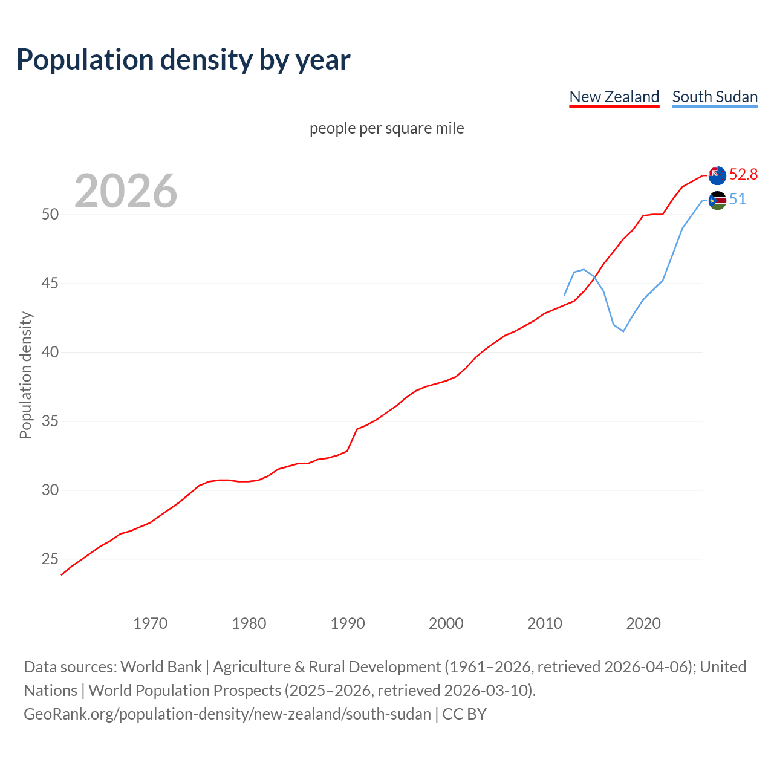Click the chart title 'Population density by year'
pyautogui.click(x=183, y=60)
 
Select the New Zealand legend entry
pyautogui.click(x=614, y=97)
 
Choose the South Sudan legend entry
pyautogui.click(x=715, y=97)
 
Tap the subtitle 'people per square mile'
pyautogui.click(x=386, y=128)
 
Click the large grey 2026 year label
pyautogui.click(x=126, y=191)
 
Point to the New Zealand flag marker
pyautogui.click(x=717, y=175)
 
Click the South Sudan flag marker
pyautogui.click(x=717, y=200)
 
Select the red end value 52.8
pyautogui.click(x=743, y=175)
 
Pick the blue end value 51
pyautogui.click(x=737, y=200)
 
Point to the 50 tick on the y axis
pyautogui.click(x=50, y=215)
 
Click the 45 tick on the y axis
pyautogui.click(x=50, y=284)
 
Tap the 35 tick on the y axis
pyautogui.click(x=50, y=421)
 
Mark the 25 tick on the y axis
pyautogui.click(x=50, y=559)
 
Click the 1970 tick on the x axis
pyautogui.click(x=151, y=623)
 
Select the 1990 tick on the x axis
pyautogui.click(x=348, y=623)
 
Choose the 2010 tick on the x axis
pyautogui.click(x=545, y=623)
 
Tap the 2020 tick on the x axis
pyautogui.click(x=643, y=623)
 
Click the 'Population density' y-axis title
pyautogui.click(x=25, y=375)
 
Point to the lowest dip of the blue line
pyautogui.click(x=623, y=331)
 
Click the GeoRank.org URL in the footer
pyautogui.click(x=227, y=714)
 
